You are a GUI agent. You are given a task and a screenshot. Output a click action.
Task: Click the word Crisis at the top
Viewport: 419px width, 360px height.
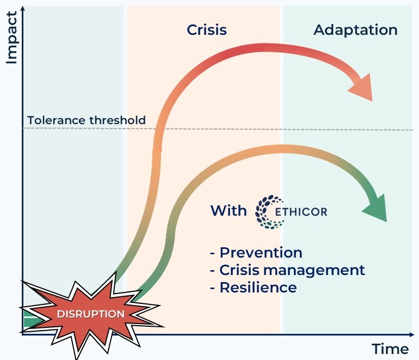[x=207, y=30]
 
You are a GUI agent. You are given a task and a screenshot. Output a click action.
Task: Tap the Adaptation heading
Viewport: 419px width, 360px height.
[x=355, y=30]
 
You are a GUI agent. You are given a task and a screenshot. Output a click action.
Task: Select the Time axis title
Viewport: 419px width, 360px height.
[x=390, y=349]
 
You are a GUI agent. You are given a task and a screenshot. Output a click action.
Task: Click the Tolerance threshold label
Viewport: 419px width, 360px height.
[x=87, y=120]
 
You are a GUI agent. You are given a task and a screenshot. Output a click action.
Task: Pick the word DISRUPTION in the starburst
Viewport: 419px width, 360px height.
[x=91, y=314]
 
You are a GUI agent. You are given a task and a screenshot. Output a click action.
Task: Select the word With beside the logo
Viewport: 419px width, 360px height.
[x=229, y=210]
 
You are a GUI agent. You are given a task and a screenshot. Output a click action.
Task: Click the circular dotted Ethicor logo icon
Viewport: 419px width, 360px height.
[x=266, y=210]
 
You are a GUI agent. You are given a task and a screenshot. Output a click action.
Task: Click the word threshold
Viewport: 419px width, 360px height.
[x=119, y=120]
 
